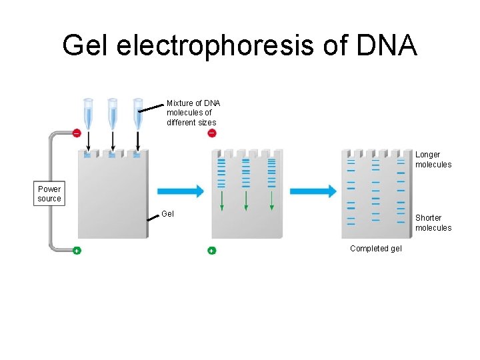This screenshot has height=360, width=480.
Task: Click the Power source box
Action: [x=49, y=194]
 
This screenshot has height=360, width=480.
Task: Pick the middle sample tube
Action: [x=113, y=113]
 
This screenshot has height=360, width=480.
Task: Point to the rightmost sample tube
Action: [x=137, y=113]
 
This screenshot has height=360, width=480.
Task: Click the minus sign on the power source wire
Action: [x=76, y=133]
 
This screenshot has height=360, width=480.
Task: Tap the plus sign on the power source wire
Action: [x=77, y=251]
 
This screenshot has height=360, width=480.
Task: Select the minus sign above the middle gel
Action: [x=211, y=133]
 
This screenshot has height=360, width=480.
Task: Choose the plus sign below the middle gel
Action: [x=211, y=251]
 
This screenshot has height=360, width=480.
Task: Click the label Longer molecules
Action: [x=433, y=160]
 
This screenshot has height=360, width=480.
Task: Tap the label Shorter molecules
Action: [x=433, y=223]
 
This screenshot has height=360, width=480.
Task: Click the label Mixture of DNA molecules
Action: [x=193, y=113]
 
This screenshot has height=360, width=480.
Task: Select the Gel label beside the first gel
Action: [x=167, y=214]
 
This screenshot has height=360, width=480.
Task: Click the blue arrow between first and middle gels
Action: [x=181, y=191]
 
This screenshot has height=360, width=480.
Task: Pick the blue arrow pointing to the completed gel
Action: [x=314, y=191]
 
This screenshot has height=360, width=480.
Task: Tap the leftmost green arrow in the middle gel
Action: [x=222, y=201]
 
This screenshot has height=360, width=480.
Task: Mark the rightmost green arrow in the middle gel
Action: [x=271, y=201]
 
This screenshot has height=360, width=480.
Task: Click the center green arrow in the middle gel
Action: [x=246, y=201]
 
